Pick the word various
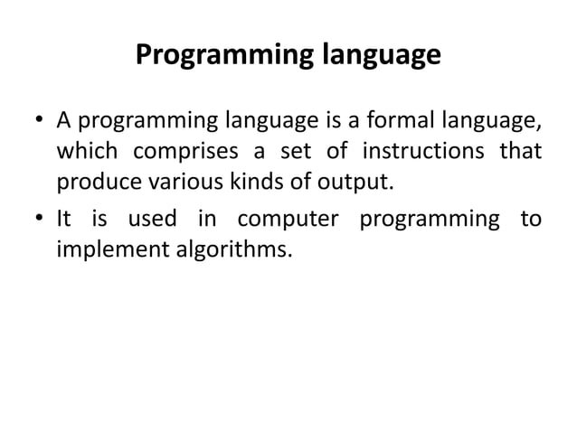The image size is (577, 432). tap(173, 181)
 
